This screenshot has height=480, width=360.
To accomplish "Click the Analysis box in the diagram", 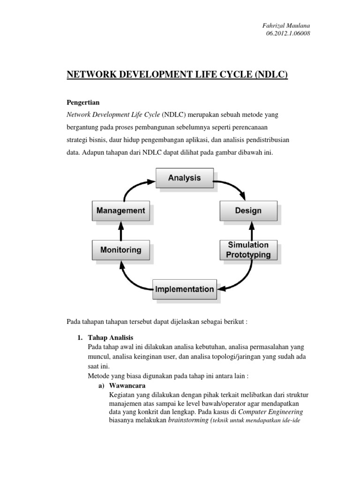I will click(185, 178).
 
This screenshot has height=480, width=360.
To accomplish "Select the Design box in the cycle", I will click(248, 211).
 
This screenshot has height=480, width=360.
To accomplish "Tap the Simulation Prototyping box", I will click(248, 250).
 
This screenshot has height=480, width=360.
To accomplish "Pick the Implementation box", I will click(185, 289).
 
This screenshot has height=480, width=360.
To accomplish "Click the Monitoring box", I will click(120, 250).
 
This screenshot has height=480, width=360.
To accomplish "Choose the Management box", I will click(120, 211).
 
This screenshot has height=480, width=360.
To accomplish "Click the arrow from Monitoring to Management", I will click(121, 231).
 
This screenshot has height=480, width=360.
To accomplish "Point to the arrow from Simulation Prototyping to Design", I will click(253, 231).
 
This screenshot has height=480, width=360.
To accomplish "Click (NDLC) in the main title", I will click(271, 75).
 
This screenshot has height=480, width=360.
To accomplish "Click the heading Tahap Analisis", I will click(111, 337).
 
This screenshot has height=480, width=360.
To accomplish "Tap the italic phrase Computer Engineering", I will click(270, 412).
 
